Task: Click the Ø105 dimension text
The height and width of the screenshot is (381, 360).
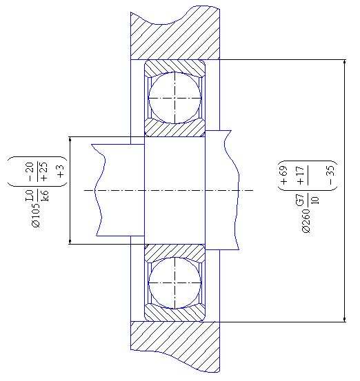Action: coord(36,215)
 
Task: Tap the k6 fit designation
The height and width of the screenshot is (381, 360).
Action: coord(44,196)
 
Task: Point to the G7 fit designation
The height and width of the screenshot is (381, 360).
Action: coord(300,200)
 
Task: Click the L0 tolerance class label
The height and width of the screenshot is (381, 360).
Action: coord(29,196)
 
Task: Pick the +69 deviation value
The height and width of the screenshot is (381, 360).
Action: coord(283,175)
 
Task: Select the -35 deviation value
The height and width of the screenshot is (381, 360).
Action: coord(331,175)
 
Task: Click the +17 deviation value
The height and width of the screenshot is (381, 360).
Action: coord(301,176)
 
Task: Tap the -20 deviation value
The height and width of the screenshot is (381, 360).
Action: coord(29,172)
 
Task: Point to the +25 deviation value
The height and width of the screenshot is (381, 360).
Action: coord(44,172)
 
